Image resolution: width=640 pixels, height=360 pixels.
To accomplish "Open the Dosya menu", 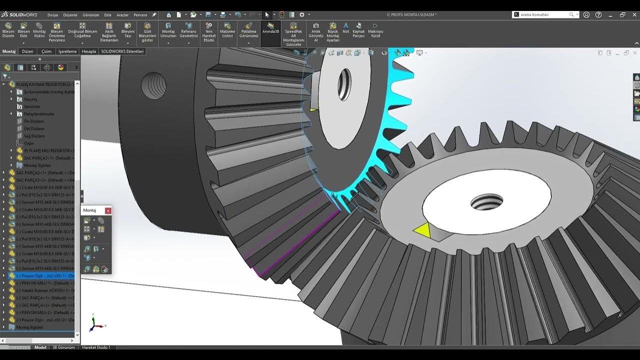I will click(x=52, y=15).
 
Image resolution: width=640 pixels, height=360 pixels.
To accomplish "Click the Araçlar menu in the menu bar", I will click(x=122, y=15).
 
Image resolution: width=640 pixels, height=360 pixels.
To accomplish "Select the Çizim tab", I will click(x=46, y=51).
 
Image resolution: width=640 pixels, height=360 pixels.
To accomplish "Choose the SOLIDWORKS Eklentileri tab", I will click(x=122, y=51).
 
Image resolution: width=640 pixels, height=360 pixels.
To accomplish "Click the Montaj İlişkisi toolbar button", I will click(x=39, y=30).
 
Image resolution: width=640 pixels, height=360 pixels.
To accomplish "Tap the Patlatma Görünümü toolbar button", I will click(x=248, y=30).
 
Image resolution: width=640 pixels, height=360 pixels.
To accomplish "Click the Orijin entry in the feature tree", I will click(x=29, y=143).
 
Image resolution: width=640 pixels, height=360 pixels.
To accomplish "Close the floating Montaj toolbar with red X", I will click(x=108, y=210).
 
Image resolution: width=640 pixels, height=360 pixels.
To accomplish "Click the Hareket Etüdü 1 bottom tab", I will click(x=96, y=347).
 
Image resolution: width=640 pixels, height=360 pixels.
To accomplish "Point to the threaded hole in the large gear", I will click(x=486, y=202).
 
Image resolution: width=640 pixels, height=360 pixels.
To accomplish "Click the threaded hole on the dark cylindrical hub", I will click(x=153, y=85).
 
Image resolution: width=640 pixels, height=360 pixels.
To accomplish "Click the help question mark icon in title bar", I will click(x=598, y=15).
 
